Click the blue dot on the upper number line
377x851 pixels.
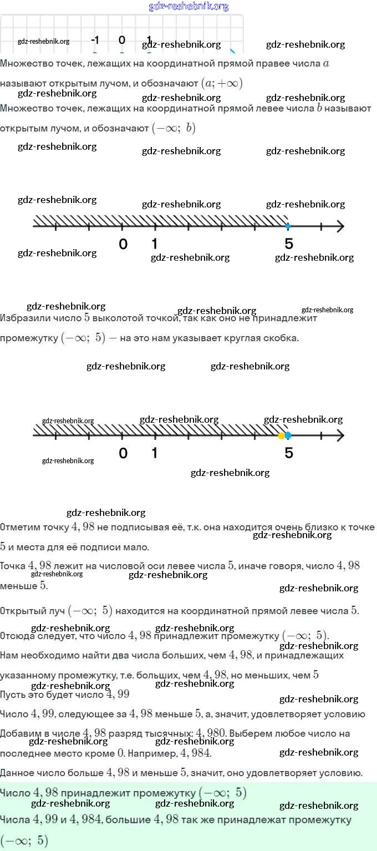click(x=288, y=226)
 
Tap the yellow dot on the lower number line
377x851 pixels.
click(x=282, y=435)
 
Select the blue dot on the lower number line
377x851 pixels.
click(x=288, y=435)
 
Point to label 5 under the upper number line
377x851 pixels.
click(x=288, y=244)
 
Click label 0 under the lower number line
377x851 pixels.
click(x=123, y=453)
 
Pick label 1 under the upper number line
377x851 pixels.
click(x=154, y=244)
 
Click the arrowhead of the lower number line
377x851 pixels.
click(x=339, y=435)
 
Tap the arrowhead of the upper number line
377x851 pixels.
click(x=339, y=226)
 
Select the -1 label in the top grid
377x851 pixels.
click(x=95, y=40)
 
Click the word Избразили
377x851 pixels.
click(x=22, y=319)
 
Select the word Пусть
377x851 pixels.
click(x=13, y=694)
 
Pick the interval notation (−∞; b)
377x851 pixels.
click(x=174, y=128)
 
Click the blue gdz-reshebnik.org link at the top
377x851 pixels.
click(x=188, y=6)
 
